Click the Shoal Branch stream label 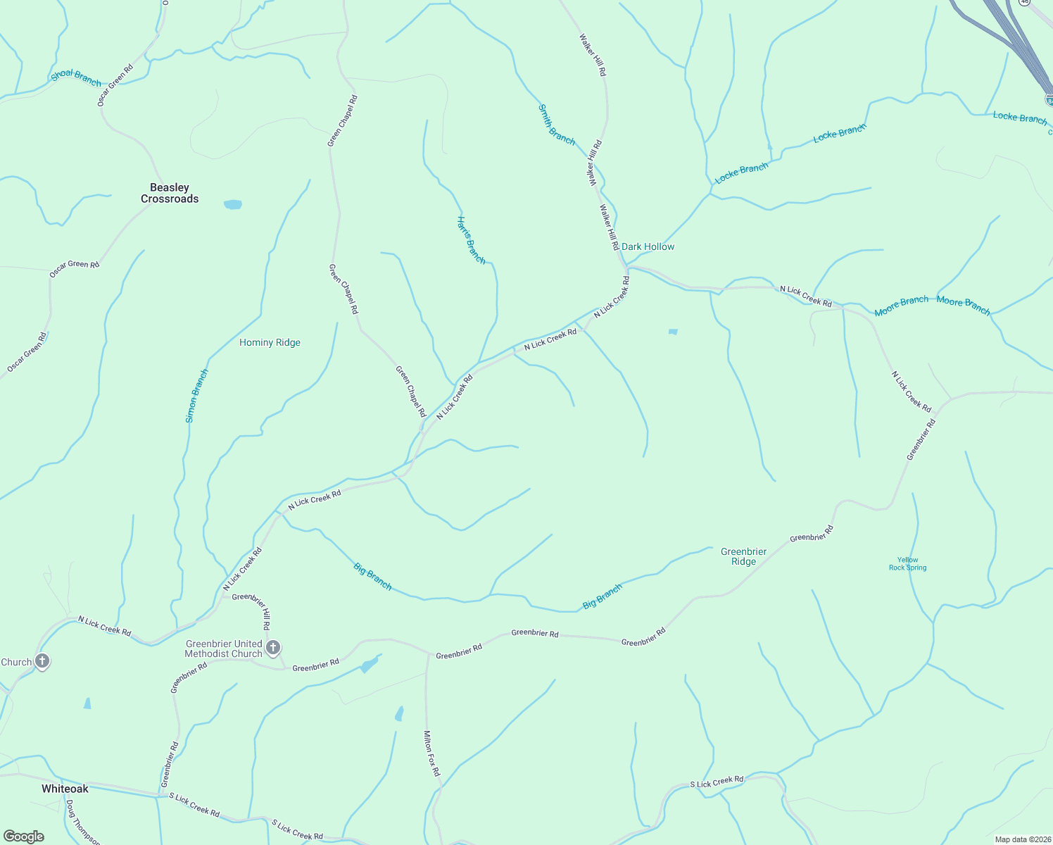pos(76,77)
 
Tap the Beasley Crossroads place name pos(170,193)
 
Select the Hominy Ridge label pos(270,343)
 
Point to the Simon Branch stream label pos(196,396)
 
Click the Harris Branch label pos(471,240)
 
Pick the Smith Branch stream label pos(556,125)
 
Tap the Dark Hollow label pos(648,247)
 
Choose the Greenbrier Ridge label pos(743,556)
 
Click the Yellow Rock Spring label pos(907,564)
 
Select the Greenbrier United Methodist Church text pos(223,649)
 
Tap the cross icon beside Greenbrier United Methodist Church pos(273,648)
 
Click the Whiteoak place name pos(65,789)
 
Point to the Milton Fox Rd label pos(431,753)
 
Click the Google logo pos(24,837)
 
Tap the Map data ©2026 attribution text pos(1022,839)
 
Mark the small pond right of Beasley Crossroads pos(232,205)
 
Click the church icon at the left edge pos(42,661)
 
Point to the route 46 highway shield pos(1024,2)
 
